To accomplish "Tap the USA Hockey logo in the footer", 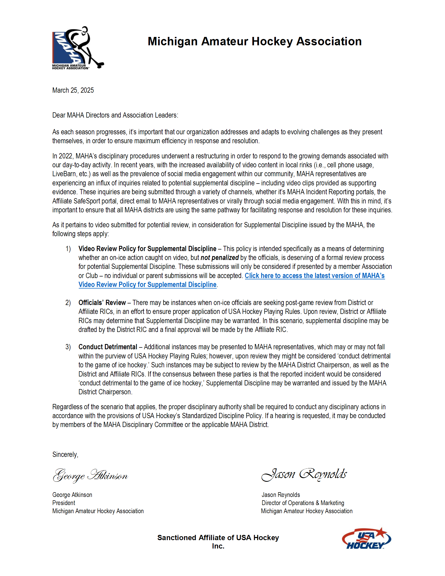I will click(x=366, y=539).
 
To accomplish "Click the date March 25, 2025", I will click(x=73, y=90).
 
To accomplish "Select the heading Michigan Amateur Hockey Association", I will click(x=254, y=41).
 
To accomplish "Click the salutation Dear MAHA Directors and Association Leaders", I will click(x=115, y=115).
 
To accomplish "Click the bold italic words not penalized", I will click(x=219, y=258).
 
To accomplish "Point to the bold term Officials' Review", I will click(x=102, y=302).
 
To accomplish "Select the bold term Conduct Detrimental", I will click(x=108, y=347).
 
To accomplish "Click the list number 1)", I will click(x=68, y=249).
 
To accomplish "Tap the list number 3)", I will click(x=68, y=347).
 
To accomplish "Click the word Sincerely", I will click(x=65, y=455).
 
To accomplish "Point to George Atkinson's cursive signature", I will click(x=90, y=475).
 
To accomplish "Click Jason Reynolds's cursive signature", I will click(x=304, y=474).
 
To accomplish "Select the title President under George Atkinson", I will click(x=64, y=503).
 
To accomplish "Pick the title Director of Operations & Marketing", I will click(x=303, y=503).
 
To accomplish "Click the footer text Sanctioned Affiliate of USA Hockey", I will click(x=218, y=538).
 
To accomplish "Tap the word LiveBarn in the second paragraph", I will click(x=64, y=174).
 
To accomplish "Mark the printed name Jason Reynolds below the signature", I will click(x=281, y=495).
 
